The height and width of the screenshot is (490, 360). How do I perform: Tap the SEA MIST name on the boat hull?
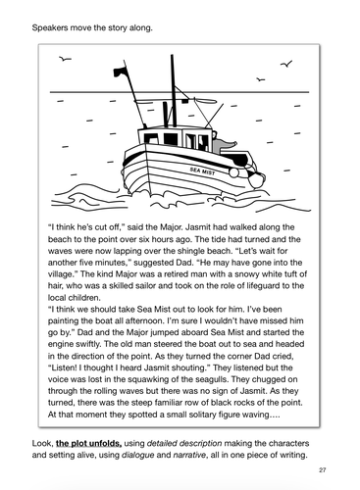click(204, 170)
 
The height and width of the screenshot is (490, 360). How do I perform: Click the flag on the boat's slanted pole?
click(229, 147)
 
